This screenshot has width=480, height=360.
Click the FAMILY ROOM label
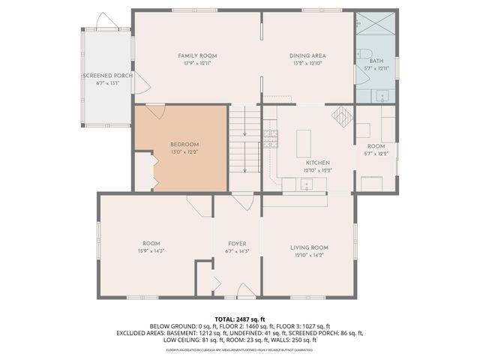click(x=197, y=56)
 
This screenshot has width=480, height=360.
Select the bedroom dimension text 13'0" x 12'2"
click(x=184, y=151)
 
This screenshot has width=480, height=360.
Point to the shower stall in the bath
click(x=376, y=25)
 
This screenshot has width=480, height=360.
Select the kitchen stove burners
click(x=270, y=136)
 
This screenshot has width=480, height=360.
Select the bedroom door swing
click(x=155, y=112)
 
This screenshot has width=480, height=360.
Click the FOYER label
click(x=237, y=244)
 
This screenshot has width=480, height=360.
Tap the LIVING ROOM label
click(x=310, y=247)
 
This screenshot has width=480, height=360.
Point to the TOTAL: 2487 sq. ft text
click(x=240, y=319)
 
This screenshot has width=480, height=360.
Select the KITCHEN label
click(x=318, y=163)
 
